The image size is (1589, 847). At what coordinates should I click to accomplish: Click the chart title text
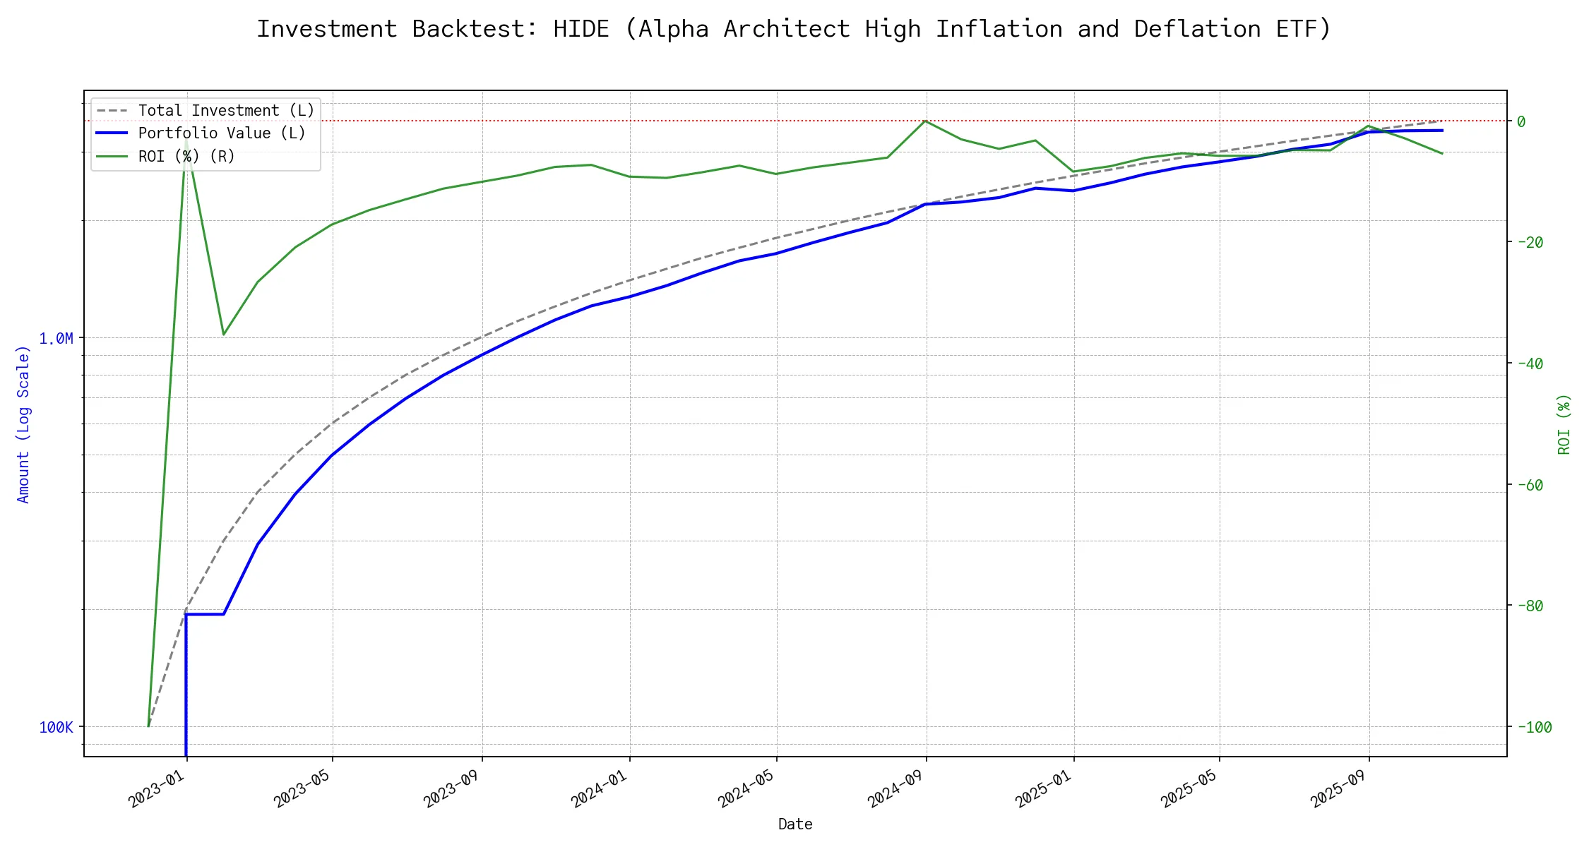(x=794, y=29)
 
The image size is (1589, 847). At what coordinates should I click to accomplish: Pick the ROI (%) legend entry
(x=186, y=156)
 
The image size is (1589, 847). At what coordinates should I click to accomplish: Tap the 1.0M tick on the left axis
(x=56, y=339)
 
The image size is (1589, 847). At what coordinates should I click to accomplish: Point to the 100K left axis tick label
(x=56, y=727)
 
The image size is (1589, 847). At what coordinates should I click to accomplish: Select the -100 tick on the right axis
(x=1534, y=727)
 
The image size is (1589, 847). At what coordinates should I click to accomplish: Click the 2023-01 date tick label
(x=157, y=789)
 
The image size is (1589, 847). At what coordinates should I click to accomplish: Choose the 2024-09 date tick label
(x=896, y=789)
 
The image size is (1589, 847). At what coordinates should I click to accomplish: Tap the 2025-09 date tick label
(x=1339, y=789)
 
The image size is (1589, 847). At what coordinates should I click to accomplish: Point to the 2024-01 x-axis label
(x=600, y=789)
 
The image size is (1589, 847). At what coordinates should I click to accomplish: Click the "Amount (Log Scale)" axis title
(x=24, y=424)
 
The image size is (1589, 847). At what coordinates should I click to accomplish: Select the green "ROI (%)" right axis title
(x=1564, y=424)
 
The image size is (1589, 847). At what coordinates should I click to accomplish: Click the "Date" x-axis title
(x=795, y=824)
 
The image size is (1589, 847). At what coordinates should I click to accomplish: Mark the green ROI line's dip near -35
(x=224, y=334)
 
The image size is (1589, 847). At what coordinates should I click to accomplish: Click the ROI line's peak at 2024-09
(x=925, y=121)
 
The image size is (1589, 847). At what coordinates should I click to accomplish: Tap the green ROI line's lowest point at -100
(x=148, y=726)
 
